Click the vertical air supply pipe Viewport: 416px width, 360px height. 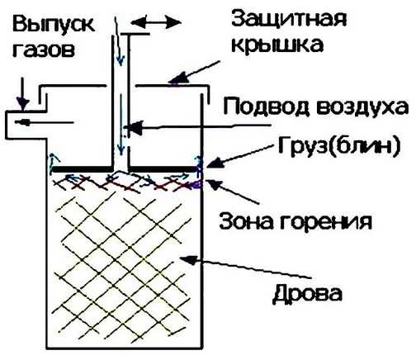121,99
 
